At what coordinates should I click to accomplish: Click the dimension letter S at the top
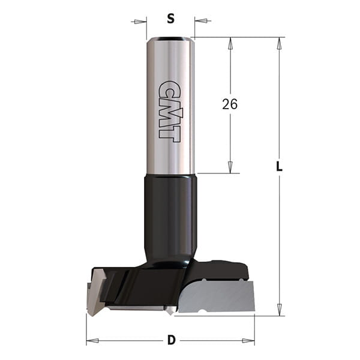(170, 19)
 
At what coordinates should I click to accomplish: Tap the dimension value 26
(230, 104)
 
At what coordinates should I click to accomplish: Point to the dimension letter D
(171, 340)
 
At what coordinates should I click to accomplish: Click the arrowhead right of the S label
(201, 20)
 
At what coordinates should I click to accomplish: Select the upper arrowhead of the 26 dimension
(230, 43)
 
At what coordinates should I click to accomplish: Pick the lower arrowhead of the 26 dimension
(230, 167)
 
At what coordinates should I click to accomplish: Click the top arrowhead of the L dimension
(279, 43)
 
